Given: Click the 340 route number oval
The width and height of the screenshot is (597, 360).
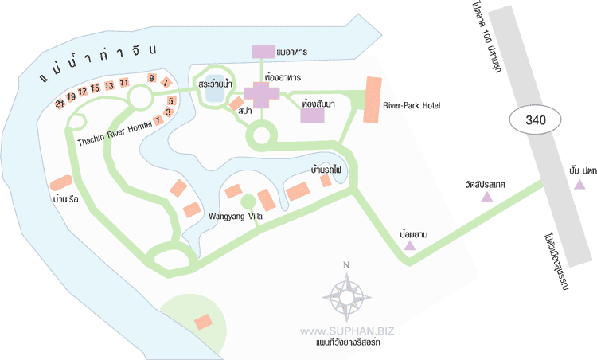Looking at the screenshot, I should [535, 121].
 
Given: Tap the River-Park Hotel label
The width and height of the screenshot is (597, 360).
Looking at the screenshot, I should [412, 104].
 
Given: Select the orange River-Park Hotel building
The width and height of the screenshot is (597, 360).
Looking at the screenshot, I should [372, 100].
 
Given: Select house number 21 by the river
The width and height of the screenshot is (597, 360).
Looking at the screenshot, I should [60, 104].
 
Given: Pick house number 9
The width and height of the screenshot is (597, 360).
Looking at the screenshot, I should [151, 78].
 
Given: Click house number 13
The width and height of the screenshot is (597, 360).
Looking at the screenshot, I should [108, 85].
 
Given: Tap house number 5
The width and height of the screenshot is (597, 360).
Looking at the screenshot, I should [171, 101].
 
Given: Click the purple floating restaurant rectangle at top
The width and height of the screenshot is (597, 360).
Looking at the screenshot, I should [263, 51].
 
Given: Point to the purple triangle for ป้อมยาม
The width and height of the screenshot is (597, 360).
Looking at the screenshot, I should [410, 247].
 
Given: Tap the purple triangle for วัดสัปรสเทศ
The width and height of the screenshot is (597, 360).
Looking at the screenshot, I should [486, 196].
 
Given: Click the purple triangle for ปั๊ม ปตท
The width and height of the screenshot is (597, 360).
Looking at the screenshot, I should [579, 185].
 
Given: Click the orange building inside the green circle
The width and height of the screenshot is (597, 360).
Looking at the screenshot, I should [204, 322].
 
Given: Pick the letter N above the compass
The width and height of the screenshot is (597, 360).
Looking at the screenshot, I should [345, 266].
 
